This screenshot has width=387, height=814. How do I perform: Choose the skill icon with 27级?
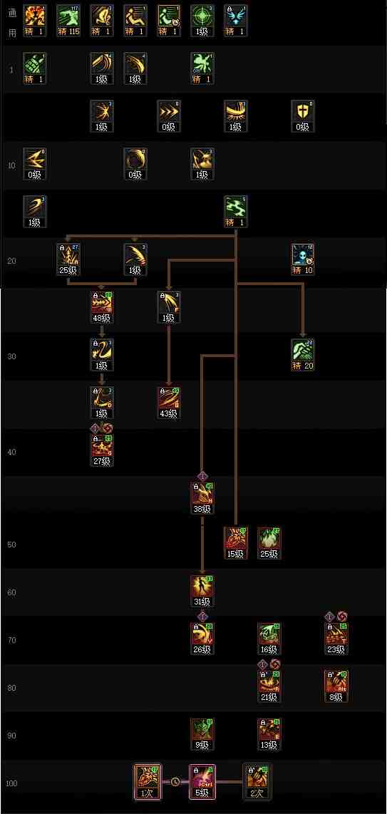[102, 447]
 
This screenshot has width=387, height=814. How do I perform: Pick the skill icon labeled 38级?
[202, 495]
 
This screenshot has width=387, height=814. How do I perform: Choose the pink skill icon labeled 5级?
[202, 778]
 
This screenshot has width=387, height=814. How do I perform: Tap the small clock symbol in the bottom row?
[175, 782]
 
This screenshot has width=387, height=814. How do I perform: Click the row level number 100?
[11, 783]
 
